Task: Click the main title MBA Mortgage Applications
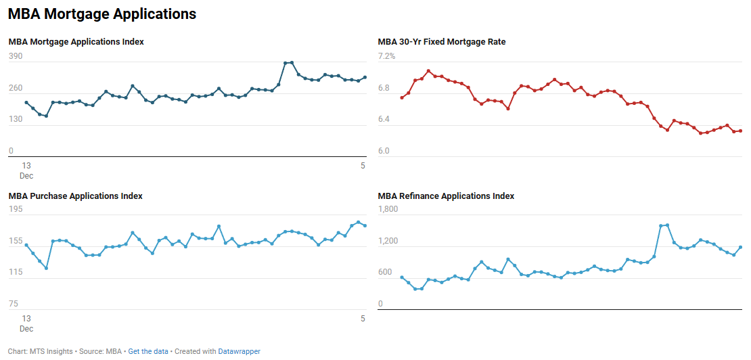pos(102,14)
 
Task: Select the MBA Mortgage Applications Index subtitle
pos(76,42)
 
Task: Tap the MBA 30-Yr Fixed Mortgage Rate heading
pos(441,42)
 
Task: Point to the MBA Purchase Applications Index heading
pos(75,196)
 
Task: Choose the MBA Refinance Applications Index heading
pos(446,196)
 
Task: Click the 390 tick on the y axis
pos(16,57)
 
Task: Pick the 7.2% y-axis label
pos(386,56)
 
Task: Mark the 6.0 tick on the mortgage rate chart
pos(384,151)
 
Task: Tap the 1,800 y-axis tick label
pos(388,210)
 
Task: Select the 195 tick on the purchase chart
pos(16,210)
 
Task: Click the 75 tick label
pos(14,304)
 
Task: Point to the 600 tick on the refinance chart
pos(385,273)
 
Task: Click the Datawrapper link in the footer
pos(240,351)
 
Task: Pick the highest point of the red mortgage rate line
pos(428,71)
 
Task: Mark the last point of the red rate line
pos(740,131)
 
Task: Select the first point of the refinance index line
pos(402,277)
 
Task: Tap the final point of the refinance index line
pos(740,248)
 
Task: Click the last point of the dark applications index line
pos(365,77)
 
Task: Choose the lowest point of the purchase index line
pos(46,268)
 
